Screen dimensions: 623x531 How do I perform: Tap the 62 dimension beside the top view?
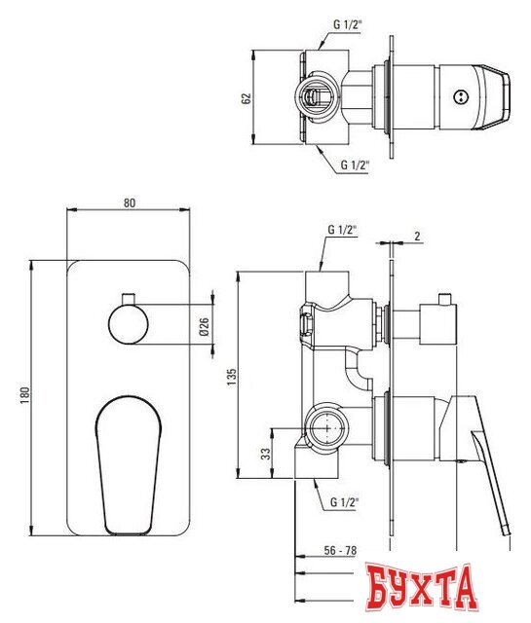pos(247,98)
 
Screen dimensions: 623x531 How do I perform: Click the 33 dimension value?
pos(264,453)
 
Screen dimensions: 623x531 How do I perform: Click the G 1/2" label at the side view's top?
pos(340,231)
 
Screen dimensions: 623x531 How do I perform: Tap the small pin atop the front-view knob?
pos(128,295)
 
